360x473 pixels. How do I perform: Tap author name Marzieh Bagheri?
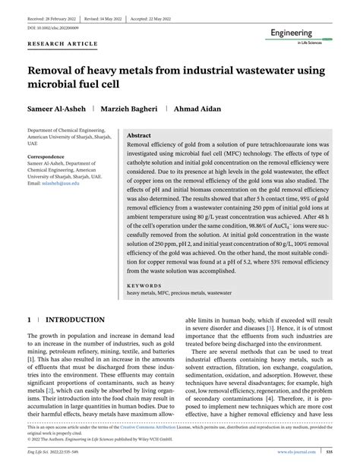pyautogui.click(x=132, y=108)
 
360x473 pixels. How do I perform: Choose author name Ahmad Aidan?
pyautogui.click(x=201, y=108)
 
